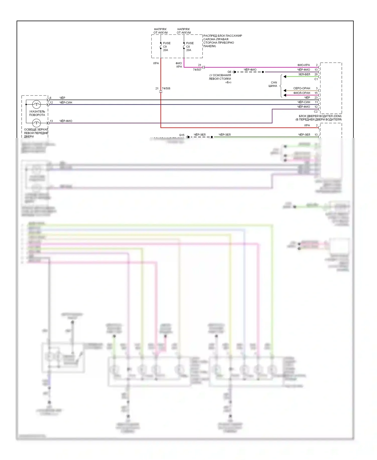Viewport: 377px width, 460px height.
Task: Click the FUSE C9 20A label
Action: (x=166, y=47)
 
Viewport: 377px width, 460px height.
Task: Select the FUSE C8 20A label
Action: (x=190, y=47)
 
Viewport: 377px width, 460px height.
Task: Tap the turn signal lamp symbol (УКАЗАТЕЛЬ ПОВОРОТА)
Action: (x=36, y=104)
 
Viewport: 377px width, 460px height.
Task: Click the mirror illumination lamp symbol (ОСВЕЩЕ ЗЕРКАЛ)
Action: (x=36, y=123)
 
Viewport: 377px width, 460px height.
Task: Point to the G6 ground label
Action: (x=229, y=72)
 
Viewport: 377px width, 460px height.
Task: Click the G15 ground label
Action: (x=181, y=135)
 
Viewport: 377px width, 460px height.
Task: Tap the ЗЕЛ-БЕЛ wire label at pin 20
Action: (x=304, y=74)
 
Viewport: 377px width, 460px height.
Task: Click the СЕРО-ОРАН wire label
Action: (x=302, y=88)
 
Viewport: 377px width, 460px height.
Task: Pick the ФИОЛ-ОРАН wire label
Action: (x=302, y=93)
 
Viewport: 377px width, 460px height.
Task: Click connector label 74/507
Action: (x=197, y=70)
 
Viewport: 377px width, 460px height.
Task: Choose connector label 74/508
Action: (x=166, y=89)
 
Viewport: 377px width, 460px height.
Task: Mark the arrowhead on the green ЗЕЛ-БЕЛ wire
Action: (x=285, y=77)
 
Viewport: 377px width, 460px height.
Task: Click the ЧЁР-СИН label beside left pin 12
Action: (x=66, y=103)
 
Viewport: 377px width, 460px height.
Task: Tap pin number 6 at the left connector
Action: (x=51, y=98)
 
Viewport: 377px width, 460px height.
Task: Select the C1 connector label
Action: (x=316, y=79)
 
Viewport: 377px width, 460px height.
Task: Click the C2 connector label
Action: (x=316, y=112)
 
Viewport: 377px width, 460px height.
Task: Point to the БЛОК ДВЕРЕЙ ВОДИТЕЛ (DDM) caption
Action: (x=320, y=116)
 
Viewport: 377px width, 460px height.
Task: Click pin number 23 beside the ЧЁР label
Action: (x=316, y=98)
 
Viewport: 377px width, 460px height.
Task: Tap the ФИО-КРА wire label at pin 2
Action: (x=304, y=65)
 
